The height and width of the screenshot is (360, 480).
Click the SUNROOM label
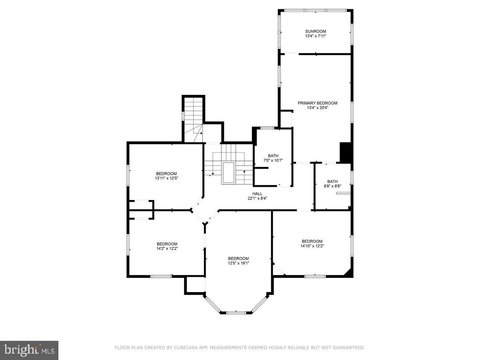(316, 31)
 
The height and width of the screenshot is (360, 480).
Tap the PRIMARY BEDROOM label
(317, 103)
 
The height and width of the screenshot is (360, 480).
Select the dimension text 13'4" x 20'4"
(317, 108)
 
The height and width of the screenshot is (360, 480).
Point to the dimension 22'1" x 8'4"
(257, 198)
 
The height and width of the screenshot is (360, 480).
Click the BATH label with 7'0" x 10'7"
(273, 156)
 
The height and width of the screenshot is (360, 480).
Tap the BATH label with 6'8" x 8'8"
(332, 181)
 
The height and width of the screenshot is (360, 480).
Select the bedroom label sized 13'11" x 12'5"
(166, 174)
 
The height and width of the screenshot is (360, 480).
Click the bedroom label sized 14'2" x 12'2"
(167, 244)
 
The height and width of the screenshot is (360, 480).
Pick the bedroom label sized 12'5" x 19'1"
(238, 258)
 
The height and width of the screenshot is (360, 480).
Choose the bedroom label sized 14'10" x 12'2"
(312, 241)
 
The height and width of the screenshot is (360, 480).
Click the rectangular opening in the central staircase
(228, 173)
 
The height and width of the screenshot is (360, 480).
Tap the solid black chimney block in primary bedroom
(345, 152)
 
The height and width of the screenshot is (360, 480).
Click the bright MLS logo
(29, 350)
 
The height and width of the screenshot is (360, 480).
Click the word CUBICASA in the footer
(187, 348)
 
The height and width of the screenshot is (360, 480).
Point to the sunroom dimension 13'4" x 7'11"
(316, 36)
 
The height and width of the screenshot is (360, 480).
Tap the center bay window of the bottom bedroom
(236, 312)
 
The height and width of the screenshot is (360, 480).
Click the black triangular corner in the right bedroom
(348, 273)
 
